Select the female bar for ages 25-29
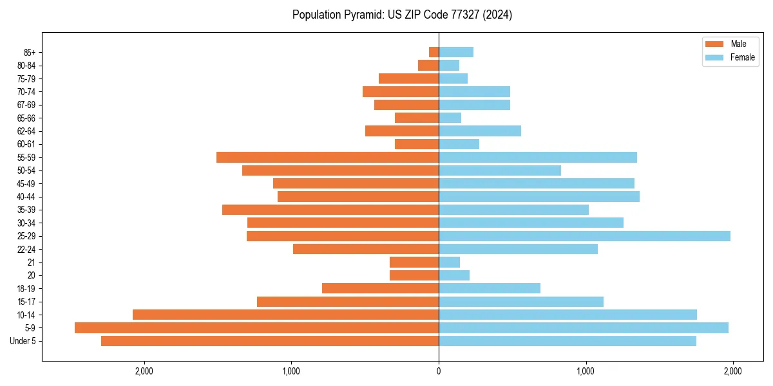[x=584, y=236]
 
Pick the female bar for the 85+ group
[x=456, y=52]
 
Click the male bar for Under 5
[x=270, y=341]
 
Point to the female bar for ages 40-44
[x=539, y=196]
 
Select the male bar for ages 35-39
[x=330, y=210]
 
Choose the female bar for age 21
[x=449, y=262]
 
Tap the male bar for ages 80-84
[x=428, y=65]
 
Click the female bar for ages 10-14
[x=568, y=315]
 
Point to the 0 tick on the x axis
[x=439, y=371]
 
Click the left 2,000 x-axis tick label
[x=144, y=371]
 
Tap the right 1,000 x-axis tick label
[x=586, y=371]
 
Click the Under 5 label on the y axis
[x=23, y=341]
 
